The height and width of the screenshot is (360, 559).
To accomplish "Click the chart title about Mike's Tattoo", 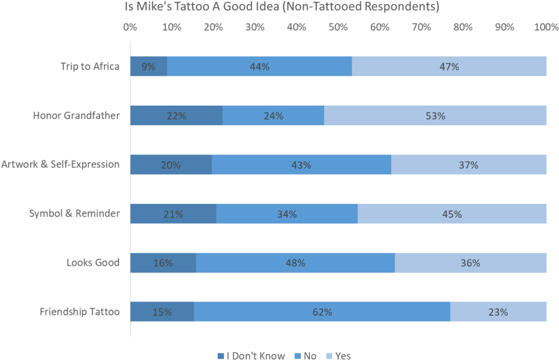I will coord(282,7).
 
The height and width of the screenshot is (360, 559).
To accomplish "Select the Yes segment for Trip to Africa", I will coord(449,67).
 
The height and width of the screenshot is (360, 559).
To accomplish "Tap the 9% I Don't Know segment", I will coord(148,67).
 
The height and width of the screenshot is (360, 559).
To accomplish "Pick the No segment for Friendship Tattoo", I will coord(322,312).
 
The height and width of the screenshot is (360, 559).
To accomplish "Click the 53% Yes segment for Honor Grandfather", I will coord(435,116).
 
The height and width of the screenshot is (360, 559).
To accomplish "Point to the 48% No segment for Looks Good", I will coord(295,263).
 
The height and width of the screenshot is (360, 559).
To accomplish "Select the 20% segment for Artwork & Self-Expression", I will coord(171,165).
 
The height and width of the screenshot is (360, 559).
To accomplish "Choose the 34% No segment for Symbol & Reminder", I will coord(287,214).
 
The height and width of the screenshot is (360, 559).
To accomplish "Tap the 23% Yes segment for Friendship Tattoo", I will coord(498,312).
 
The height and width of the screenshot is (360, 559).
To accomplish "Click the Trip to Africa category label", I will coord(90,67).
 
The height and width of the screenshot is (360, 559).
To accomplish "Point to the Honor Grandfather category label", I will coord(76,116).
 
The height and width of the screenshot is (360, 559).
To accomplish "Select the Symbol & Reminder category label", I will coord(74,214).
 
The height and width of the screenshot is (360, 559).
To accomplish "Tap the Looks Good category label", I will coord(92,263).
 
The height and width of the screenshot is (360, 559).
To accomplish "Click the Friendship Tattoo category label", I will coord(79,312).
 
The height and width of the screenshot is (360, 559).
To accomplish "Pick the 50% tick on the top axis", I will coord(338,27).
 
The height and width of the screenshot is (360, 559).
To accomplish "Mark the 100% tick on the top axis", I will coord(545,27).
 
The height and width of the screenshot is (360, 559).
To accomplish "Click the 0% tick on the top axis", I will coord(130,27).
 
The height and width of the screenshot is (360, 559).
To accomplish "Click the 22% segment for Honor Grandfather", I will coord(176,116).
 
